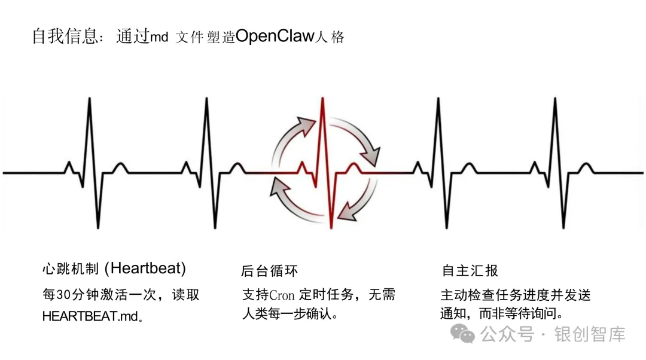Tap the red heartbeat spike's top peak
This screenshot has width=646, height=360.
(323, 97)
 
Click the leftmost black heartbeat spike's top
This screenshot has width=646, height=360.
(90, 98)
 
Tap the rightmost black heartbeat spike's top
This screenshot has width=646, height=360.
(554, 98)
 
